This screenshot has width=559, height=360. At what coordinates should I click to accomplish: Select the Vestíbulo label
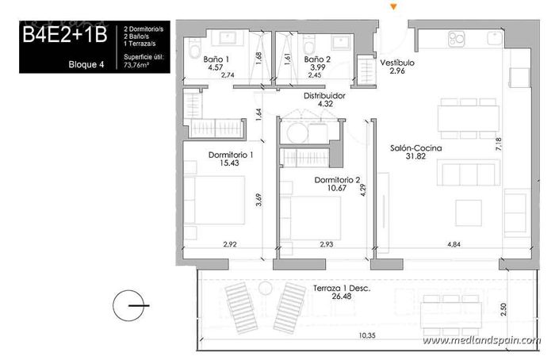[396, 63]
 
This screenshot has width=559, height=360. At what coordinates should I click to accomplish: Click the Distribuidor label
[324, 95]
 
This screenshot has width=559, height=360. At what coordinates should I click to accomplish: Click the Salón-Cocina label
[415, 147]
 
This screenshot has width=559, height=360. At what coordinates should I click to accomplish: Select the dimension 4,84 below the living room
[454, 244]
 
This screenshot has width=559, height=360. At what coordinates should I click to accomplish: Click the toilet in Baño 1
[195, 52]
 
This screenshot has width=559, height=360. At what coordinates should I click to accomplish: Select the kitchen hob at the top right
[458, 37]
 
